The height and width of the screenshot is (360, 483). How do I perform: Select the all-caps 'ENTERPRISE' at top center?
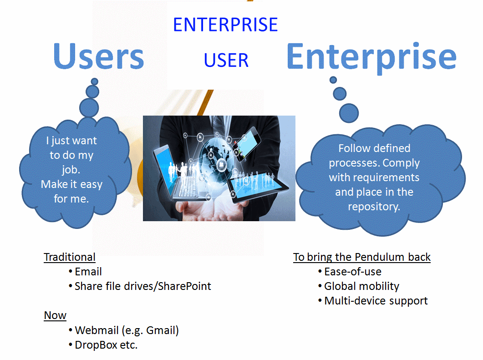click(x=225, y=25)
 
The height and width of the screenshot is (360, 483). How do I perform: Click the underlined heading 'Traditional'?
click(x=70, y=257)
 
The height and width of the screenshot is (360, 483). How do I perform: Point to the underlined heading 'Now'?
click(x=55, y=315)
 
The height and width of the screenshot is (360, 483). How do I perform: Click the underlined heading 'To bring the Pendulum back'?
click(x=362, y=257)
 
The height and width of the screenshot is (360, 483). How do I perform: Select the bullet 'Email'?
click(x=88, y=272)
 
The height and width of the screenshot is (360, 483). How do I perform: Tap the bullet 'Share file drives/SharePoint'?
click(x=142, y=286)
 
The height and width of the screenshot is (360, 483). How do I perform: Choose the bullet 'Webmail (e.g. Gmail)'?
click(x=127, y=330)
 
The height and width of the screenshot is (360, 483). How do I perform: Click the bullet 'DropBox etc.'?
click(x=106, y=345)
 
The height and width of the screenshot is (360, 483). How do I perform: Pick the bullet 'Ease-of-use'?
click(x=352, y=272)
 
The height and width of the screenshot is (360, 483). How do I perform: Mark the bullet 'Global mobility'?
click(x=361, y=286)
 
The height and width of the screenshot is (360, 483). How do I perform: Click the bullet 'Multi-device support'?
click(x=376, y=301)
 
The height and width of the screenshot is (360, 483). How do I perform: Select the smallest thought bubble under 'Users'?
click(x=95, y=81)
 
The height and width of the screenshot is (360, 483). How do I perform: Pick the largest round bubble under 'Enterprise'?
click(x=349, y=113)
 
